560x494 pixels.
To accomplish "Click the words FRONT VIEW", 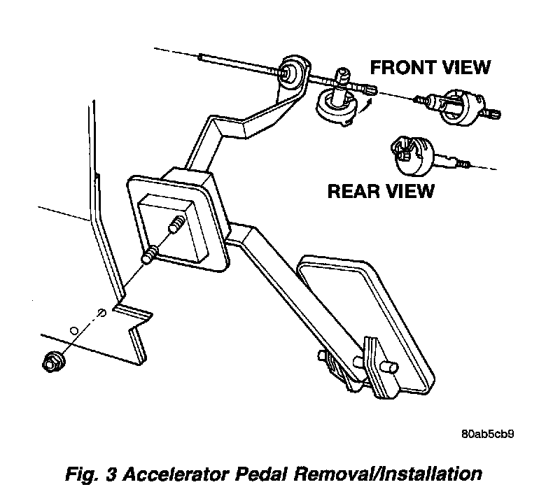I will tap(430, 67).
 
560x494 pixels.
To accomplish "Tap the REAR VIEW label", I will tap(381, 190).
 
